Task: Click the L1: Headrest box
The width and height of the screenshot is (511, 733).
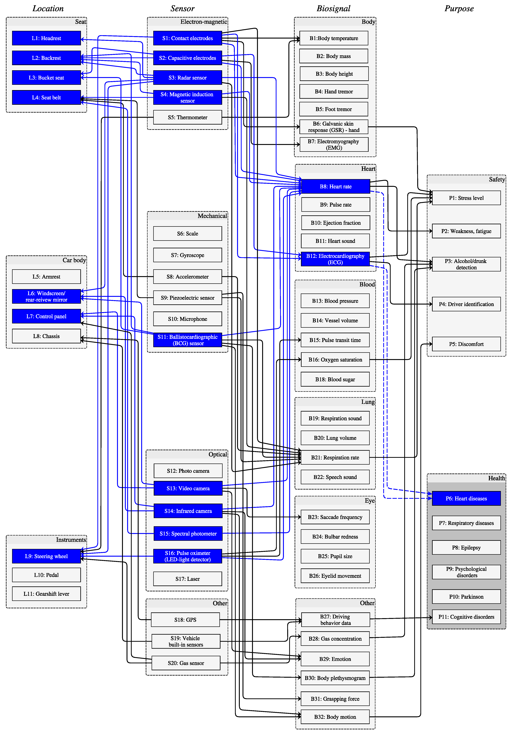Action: [46, 38]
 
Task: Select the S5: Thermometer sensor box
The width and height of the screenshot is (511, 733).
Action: [188, 117]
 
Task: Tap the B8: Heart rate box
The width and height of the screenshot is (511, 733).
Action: [336, 186]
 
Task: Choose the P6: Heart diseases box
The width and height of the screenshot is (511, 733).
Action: [466, 498]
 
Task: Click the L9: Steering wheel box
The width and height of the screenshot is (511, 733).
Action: [46, 556]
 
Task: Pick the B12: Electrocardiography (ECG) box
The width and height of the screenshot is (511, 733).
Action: [335, 259]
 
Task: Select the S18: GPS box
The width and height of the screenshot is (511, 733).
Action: [185, 620]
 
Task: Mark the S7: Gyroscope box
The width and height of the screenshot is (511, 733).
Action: [188, 255]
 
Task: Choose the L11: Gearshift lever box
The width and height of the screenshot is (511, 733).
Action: [46, 594]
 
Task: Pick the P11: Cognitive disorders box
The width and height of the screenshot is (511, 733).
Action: [466, 617]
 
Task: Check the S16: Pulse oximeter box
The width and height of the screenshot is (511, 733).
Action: [188, 556]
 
